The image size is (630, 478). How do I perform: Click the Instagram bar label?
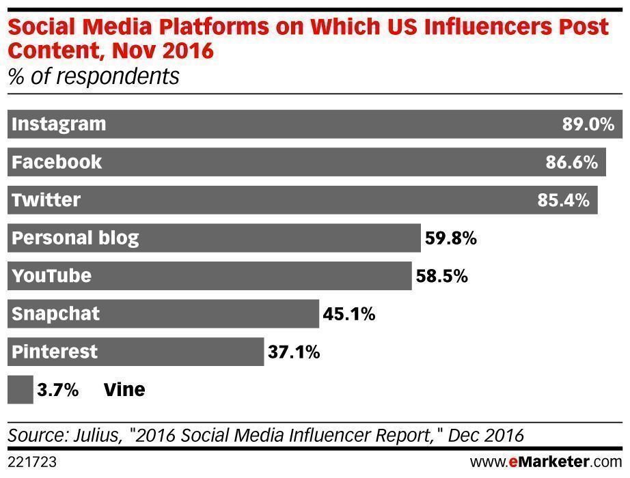coord(59,124)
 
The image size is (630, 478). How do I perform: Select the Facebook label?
coord(57,163)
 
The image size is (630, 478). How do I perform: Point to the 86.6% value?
coord(572,163)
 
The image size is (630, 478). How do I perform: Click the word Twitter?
coord(46,200)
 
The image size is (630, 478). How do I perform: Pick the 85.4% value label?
coord(563,200)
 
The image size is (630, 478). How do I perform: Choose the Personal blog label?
coord(75,238)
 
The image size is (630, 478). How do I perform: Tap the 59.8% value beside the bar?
coord(450,238)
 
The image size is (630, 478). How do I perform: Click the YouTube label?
coord(51,276)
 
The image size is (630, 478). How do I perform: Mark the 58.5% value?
coord(441,276)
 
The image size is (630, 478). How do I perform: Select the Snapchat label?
coord(56,314)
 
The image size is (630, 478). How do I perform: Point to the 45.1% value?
coord(349,314)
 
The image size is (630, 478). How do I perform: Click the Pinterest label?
coord(55,352)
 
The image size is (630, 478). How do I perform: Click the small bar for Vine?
coord(20,390)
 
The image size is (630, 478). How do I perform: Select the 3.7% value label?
coord(59,390)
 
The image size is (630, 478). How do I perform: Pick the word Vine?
coord(124,390)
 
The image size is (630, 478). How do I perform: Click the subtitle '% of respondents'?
coord(93,76)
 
